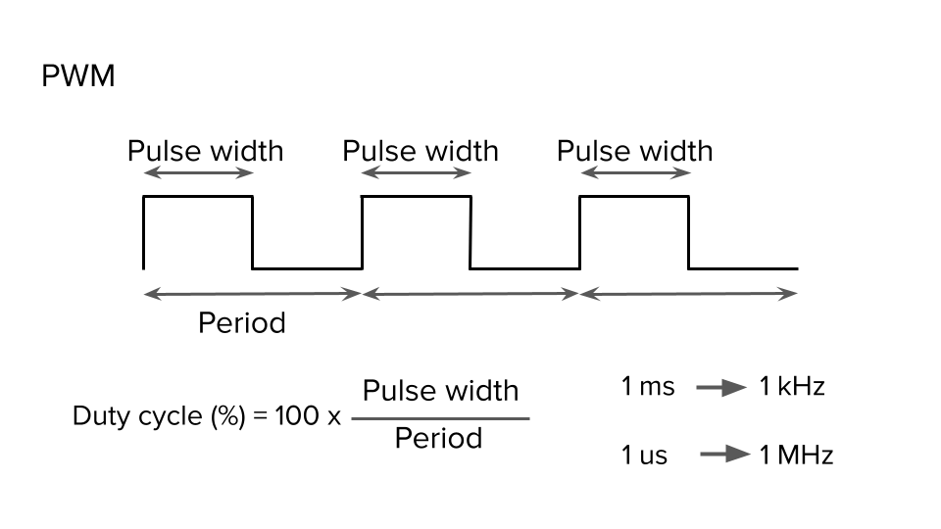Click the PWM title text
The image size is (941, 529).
coord(78,76)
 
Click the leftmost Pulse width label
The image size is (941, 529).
coord(205,151)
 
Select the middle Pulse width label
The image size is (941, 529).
coord(420,151)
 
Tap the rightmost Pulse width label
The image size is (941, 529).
coord(634,151)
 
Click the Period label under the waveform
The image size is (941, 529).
coord(242,322)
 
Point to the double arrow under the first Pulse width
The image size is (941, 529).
coord(198,173)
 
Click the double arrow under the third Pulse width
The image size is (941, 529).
coord(634,173)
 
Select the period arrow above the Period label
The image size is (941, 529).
coord(253,293)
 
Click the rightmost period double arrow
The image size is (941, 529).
coord(688,293)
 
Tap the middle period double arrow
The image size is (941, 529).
coord(470,293)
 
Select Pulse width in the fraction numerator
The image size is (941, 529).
coord(440,391)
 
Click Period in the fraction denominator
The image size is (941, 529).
coord(438,438)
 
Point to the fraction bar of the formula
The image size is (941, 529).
coord(440,418)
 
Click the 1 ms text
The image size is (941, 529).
coord(648,386)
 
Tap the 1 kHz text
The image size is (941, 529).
coord(792,386)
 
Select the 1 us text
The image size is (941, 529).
coord(644,456)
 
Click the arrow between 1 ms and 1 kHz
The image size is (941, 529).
coord(721,388)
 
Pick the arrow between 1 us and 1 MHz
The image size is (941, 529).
coord(724,456)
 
